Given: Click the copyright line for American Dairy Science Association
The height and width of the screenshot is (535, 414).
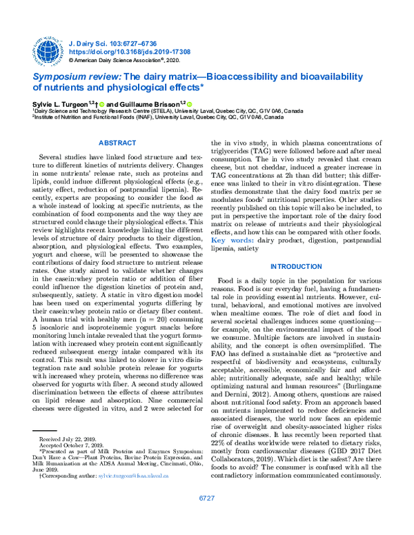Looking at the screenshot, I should (x=131, y=61).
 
